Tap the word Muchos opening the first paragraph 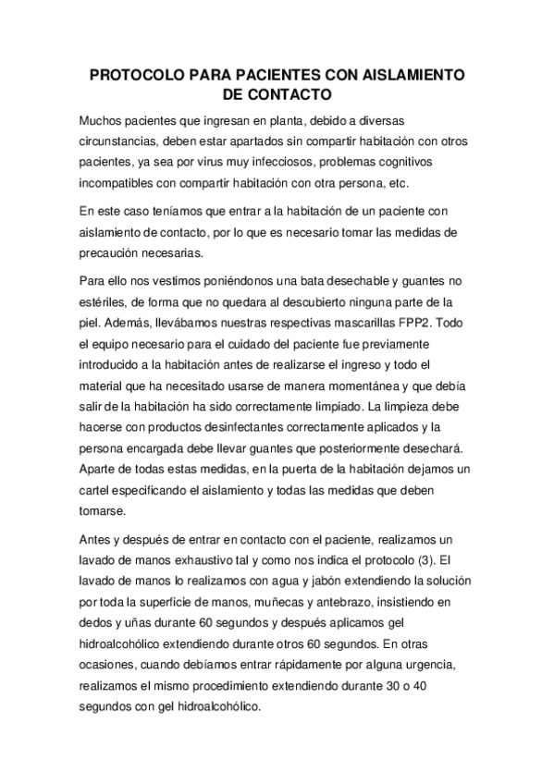(103, 121)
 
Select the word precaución (114, 252)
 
